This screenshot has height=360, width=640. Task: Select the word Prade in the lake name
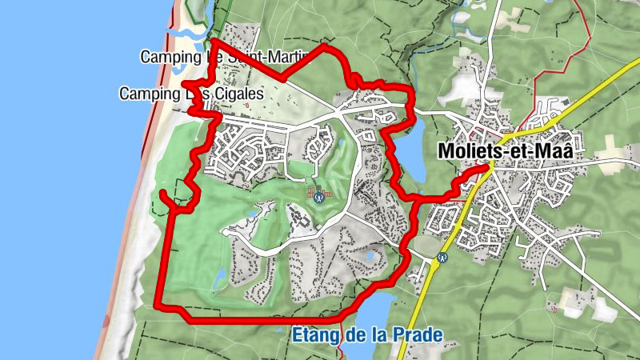415,334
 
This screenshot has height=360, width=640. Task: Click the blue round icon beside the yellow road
442,258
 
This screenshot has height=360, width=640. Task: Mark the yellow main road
560,112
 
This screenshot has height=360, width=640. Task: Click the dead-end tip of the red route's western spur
162,193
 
